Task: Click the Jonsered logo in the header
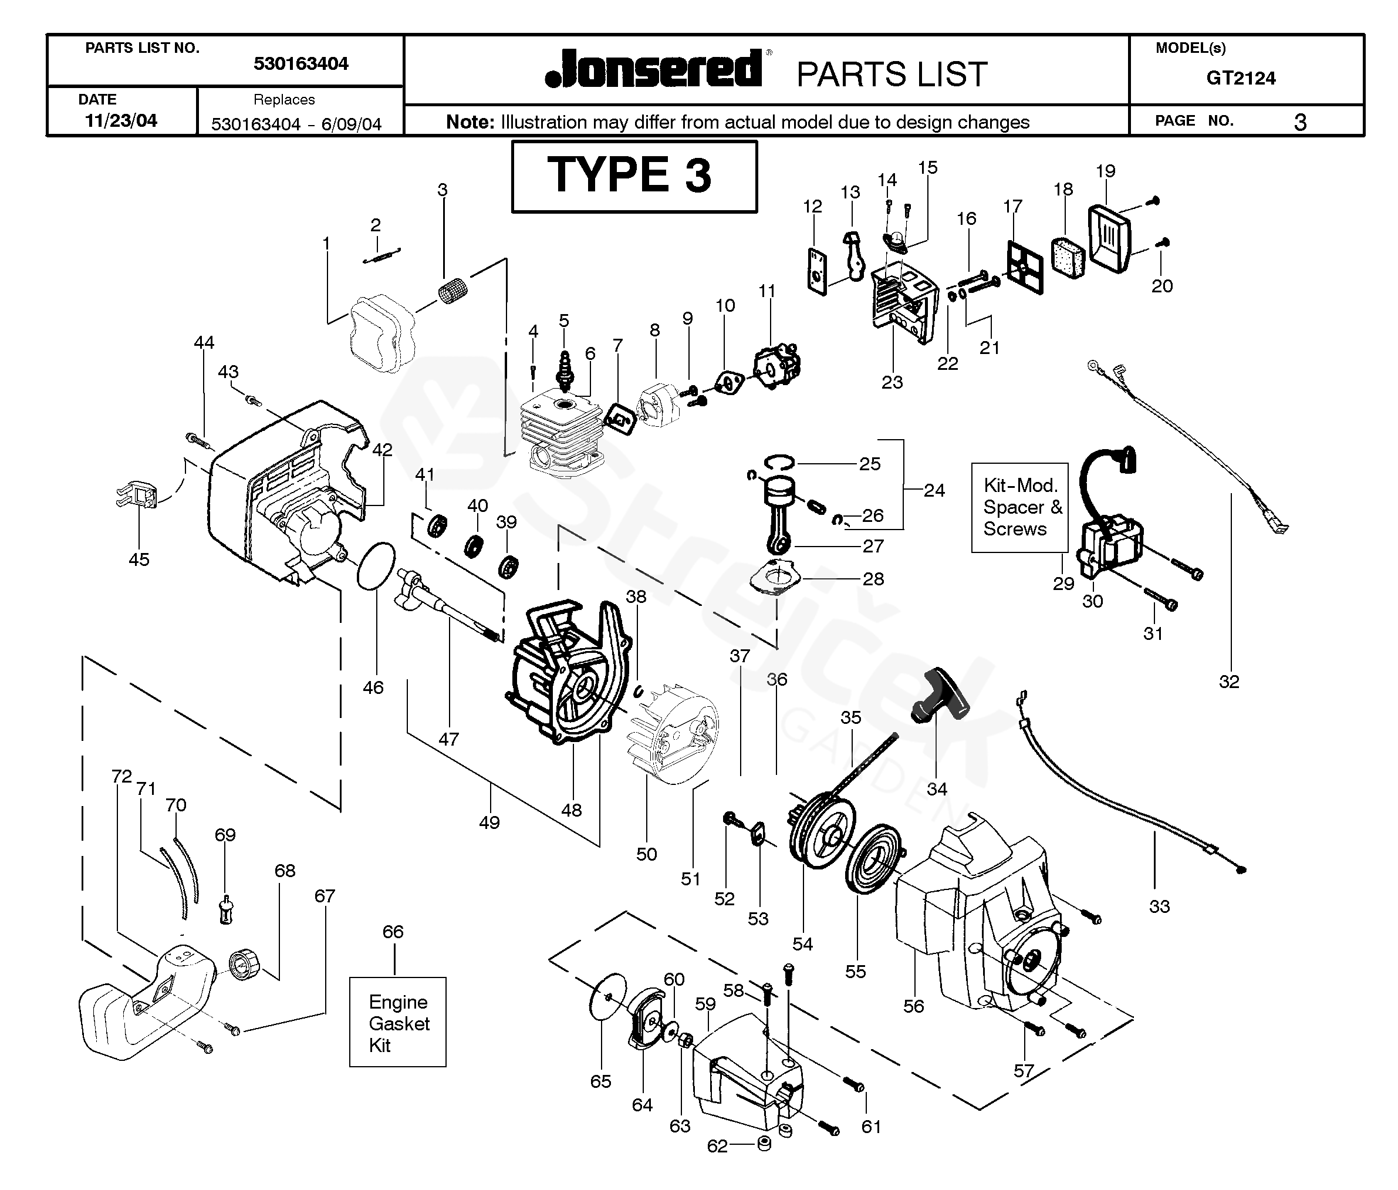click(x=653, y=69)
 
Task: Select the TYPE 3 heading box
click(x=633, y=176)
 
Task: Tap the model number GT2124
click(x=1240, y=78)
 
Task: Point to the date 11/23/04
click(x=121, y=121)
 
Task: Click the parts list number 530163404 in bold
click(x=300, y=63)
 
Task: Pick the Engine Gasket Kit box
click(x=397, y=1022)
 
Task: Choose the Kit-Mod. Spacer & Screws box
click(x=1019, y=507)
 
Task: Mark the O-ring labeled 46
click(x=376, y=565)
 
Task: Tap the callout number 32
click(x=1229, y=682)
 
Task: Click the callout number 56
click(x=913, y=1006)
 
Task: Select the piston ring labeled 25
click(x=779, y=462)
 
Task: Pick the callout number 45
click(x=139, y=559)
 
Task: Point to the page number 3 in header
click(x=1299, y=122)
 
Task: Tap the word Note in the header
click(x=470, y=122)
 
